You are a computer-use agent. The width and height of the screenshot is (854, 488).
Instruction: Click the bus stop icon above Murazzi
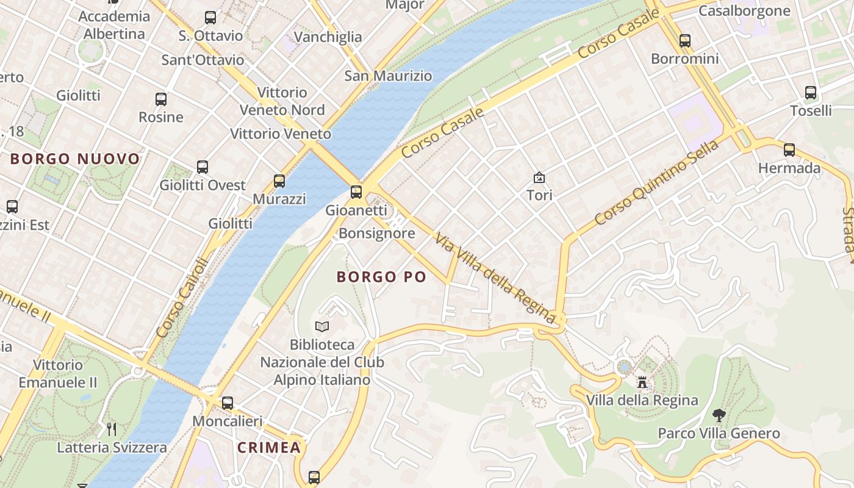coord(279,181)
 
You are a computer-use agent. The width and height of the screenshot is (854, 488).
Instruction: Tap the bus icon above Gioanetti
coord(356,192)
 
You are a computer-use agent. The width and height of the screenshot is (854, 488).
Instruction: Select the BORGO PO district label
coord(381,277)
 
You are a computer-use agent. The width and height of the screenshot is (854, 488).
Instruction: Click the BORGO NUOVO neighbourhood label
coord(75,159)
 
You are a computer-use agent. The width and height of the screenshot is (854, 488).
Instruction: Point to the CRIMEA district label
coord(269,447)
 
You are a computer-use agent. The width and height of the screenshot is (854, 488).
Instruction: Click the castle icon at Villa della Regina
coord(642,382)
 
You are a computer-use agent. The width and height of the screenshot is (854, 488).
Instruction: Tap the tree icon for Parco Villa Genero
coord(719,415)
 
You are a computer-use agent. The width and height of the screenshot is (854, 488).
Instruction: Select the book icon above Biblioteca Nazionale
coord(322,327)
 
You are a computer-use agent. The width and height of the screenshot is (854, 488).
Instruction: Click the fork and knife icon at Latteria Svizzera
coord(112,429)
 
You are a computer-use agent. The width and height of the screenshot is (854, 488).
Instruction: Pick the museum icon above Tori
coord(539,178)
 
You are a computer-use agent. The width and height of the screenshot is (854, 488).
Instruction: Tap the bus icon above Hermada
coord(789,149)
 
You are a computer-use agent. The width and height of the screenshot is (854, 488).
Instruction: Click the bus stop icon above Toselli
coord(811,93)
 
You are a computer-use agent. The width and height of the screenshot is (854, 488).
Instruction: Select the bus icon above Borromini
coord(685,41)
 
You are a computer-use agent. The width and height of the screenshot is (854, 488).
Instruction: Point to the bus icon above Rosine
coord(161,99)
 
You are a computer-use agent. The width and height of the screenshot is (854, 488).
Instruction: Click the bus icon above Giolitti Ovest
coord(203,167)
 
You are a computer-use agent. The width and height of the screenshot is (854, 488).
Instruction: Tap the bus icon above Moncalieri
coord(228,403)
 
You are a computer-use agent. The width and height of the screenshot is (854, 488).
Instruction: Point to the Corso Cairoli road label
coord(182,298)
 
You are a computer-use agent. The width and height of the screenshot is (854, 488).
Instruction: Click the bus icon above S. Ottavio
coord(210,18)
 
